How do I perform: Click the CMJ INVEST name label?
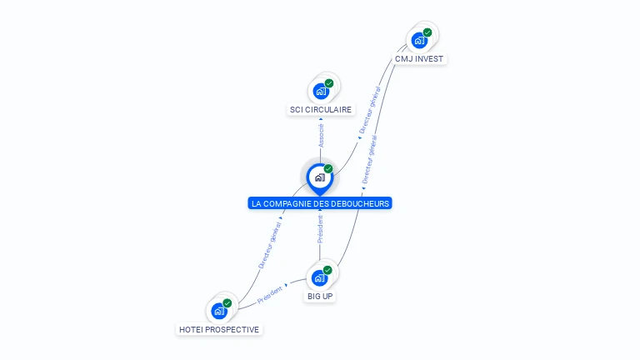point(419,59)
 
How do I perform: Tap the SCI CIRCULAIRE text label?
point(321,109)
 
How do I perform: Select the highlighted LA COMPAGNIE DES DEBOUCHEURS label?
point(320,203)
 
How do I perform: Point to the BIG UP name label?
point(320,296)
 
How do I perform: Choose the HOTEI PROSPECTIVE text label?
point(219,329)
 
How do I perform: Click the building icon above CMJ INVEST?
point(419,40)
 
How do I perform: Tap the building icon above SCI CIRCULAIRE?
point(321,91)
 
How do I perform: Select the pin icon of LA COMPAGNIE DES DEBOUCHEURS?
point(319,177)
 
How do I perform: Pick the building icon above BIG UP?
point(319,277)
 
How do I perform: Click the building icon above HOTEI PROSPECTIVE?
point(219,311)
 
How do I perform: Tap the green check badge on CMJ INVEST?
point(427,32)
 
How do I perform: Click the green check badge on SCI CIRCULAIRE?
point(329,83)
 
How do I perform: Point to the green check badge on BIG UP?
point(327,270)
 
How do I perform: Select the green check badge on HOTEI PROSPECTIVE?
point(227,303)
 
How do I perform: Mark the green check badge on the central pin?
point(328,168)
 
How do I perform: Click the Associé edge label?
point(321,135)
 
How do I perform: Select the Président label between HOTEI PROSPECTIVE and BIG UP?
point(270,293)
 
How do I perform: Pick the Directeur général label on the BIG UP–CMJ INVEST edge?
point(369,159)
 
